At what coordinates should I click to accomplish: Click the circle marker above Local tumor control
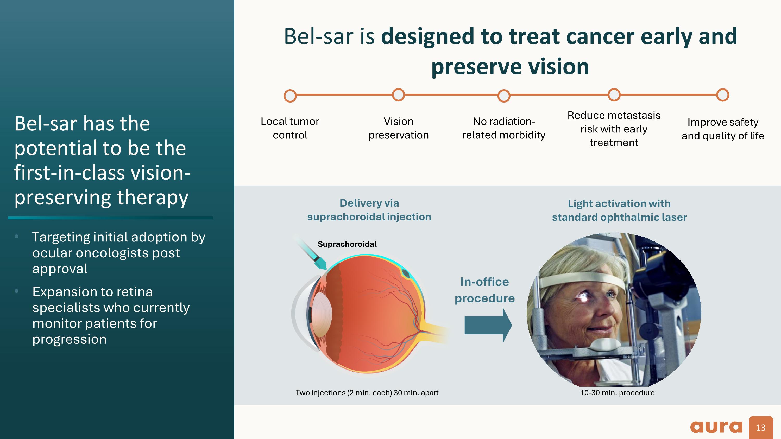(290, 96)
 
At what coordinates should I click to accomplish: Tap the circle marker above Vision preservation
(398, 95)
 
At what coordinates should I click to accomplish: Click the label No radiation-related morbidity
(503, 128)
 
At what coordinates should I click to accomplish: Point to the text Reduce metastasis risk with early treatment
(614, 129)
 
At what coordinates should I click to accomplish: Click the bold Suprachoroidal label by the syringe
(347, 244)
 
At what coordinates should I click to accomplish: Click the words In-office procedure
(484, 290)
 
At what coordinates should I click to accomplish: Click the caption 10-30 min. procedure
(617, 393)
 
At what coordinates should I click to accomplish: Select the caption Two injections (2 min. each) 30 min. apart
(367, 393)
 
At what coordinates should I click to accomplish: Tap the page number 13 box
(761, 428)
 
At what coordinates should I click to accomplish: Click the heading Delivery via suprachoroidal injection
(369, 210)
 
